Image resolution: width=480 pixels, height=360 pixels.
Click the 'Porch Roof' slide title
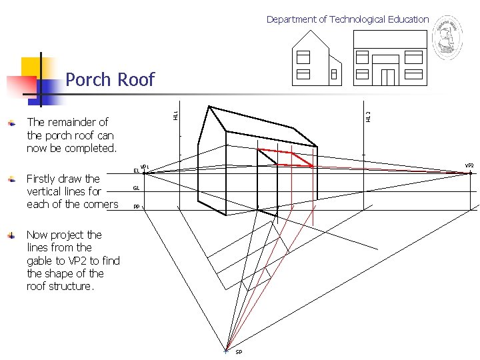(110, 80)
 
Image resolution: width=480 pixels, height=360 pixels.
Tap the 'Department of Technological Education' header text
(347, 19)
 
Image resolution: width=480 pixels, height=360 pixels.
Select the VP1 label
(145, 167)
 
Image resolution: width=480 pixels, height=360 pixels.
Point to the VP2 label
(469, 165)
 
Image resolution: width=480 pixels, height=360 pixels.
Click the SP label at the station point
(239, 352)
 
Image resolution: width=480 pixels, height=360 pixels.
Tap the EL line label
(136, 171)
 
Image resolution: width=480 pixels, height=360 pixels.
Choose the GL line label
(136, 189)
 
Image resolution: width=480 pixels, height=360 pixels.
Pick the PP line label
(136, 207)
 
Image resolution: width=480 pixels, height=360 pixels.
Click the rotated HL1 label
(175, 115)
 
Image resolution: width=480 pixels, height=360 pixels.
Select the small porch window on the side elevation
(333, 75)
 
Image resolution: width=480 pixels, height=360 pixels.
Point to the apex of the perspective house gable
(209, 106)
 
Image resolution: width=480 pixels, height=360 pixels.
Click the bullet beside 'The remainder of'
(11, 123)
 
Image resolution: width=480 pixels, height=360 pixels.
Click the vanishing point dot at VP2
(470, 173)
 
